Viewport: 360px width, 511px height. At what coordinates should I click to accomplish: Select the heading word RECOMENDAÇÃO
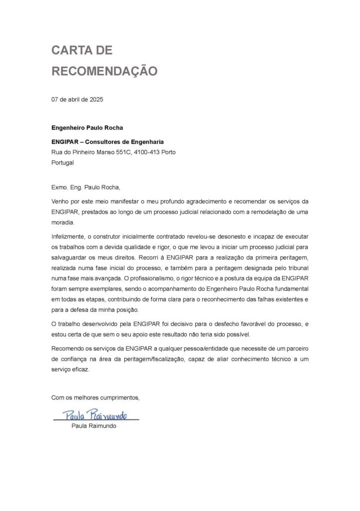point(104,71)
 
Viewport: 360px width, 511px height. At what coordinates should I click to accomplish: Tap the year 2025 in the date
point(96,99)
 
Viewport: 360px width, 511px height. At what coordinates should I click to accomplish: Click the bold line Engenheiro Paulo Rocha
point(87,127)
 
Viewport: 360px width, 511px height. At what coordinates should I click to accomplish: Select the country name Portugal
point(62,163)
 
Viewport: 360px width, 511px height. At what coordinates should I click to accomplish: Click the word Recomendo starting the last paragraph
point(68,348)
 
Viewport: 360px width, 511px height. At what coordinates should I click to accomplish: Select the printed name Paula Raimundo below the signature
point(94,426)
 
